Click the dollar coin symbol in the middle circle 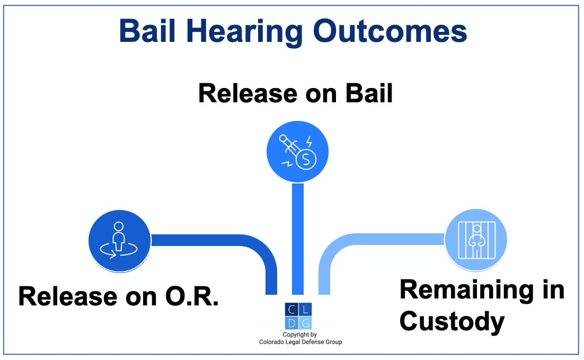[x=306, y=159]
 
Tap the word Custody [x=452, y=321]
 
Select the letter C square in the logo [x=291, y=310]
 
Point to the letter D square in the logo [x=291, y=323]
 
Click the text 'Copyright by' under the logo [x=299, y=335]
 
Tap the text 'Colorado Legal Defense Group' [x=300, y=342]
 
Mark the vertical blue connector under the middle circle [x=298, y=239]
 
